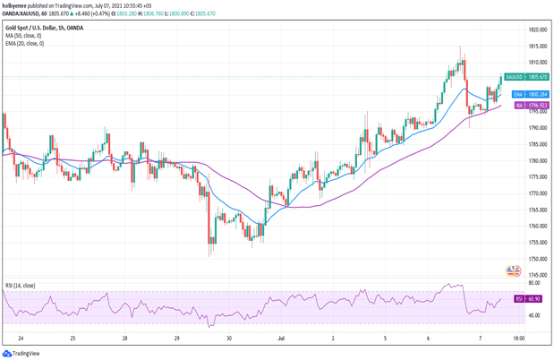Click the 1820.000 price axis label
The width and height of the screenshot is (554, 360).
point(514,30)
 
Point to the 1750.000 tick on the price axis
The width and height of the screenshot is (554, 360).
point(514,259)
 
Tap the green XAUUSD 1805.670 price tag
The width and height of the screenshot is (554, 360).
point(514,77)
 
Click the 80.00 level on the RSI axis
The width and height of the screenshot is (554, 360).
point(512,283)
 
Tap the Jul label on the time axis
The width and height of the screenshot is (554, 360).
point(281,339)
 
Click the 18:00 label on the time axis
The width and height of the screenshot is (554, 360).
point(518,339)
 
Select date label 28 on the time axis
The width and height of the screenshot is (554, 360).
point(125,339)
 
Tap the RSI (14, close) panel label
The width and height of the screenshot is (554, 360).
point(21,286)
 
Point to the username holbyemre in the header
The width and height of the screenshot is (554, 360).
point(17,5)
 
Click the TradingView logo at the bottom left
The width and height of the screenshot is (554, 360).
point(21,354)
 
